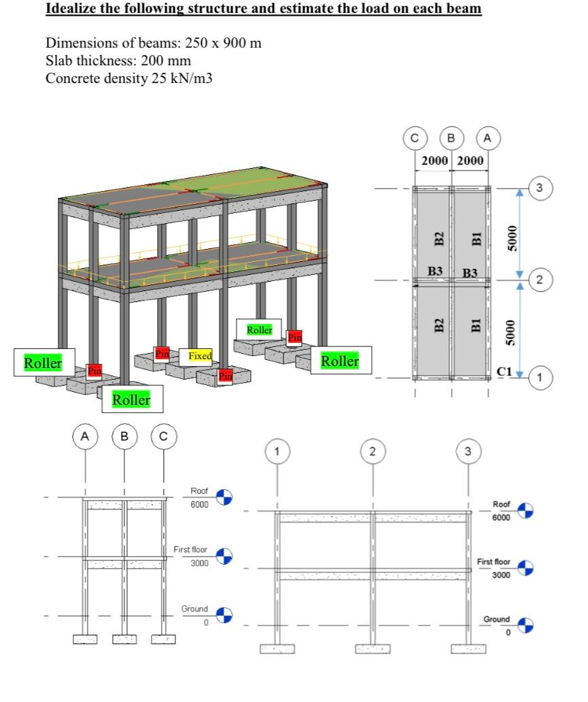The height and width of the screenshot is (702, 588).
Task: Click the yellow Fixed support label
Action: [x=200, y=356]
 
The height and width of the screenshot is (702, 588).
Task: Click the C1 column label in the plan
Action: [x=504, y=371]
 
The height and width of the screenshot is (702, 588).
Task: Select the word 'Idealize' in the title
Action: [x=71, y=9]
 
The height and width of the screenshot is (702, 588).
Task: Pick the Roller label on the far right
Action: [x=340, y=361]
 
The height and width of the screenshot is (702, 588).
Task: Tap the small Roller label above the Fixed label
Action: [x=259, y=330]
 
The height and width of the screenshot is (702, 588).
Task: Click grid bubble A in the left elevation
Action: [x=85, y=436]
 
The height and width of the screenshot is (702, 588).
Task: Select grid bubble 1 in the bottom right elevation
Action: [x=277, y=451]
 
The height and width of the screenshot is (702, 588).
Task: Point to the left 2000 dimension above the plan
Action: [x=434, y=161]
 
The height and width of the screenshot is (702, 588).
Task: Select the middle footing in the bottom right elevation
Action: [x=373, y=648]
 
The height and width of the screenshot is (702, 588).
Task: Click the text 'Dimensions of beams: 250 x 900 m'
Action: [x=154, y=44]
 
